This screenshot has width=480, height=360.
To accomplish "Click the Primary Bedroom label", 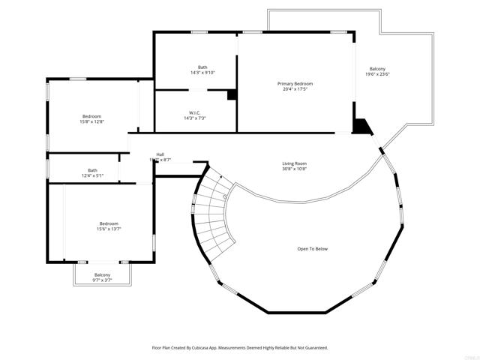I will (295, 83).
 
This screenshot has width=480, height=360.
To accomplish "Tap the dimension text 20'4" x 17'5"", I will (295, 89).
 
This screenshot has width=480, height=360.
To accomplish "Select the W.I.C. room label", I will (194, 112).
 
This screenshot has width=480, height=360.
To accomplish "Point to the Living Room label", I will (294, 163).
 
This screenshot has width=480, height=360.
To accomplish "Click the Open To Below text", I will (312, 249).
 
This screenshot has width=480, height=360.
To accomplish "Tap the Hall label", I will (160, 154).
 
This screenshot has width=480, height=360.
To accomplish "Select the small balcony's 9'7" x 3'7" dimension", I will (102, 280).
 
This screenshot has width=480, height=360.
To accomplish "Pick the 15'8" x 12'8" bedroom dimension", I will (91, 122).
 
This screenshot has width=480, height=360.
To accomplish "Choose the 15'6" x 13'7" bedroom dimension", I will (109, 229).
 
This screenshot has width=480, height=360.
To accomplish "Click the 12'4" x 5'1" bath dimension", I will (92, 175).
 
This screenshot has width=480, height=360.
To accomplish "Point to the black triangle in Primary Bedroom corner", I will (362, 126).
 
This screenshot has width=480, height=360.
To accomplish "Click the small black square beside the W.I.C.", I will (232, 95).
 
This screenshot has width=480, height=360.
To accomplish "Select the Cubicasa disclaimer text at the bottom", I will (240, 348).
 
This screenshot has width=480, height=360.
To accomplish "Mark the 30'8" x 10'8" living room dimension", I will (294, 169).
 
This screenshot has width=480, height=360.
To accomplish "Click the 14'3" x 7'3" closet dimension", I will (194, 118).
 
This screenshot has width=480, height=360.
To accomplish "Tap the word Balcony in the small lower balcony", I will (102, 274).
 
